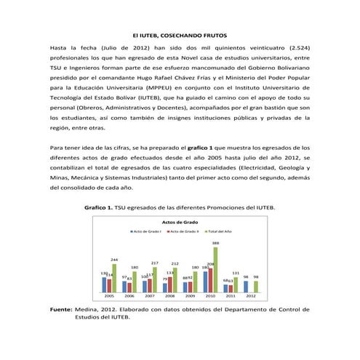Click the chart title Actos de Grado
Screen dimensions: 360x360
pyautogui.click(x=180, y=221)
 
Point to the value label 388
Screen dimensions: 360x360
pyautogui.click(x=215, y=243)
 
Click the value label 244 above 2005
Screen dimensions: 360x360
pyautogui.click(x=114, y=260)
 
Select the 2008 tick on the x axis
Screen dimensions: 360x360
pyautogui.click(x=169, y=297)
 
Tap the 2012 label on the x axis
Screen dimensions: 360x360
pyautogui.click(x=250, y=297)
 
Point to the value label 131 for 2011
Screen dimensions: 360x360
pyautogui.click(x=236, y=273)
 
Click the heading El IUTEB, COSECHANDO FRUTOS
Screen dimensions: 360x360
pyautogui.click(x=180, y=36)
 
